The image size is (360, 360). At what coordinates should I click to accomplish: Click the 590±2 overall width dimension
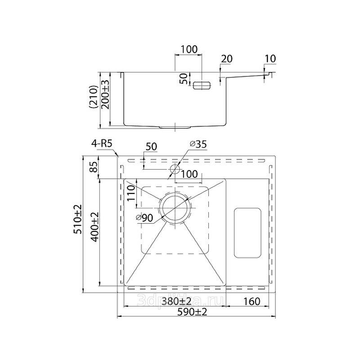pyautogui.click(x=196, y=312)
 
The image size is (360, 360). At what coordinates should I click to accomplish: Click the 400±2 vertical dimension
pyautogui.click(x=94, y=227)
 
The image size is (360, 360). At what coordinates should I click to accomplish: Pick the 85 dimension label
pyautogui.click(x=94, y=168)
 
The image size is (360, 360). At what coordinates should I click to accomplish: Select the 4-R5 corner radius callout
pyautogui.click(x=101, y=144)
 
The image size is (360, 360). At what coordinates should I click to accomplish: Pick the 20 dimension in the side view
pyautogui.click(x=227, y=58)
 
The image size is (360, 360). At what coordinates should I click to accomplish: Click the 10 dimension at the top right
pyautogui.click(x=270, y=58)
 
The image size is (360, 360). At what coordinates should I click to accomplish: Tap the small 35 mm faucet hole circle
pyautogui.click(x=175, y=168)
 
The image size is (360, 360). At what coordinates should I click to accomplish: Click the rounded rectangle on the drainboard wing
pyautogui.click(x=247, y=233)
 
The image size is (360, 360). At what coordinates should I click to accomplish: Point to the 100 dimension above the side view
pyautogui.click(x=189, y=49)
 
